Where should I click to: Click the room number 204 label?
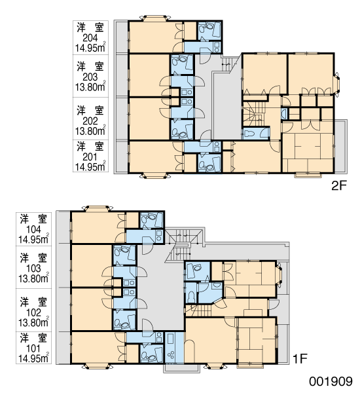tap(90, 38)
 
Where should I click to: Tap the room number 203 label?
tap(90, 77)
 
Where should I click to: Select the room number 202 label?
tap(90, 121)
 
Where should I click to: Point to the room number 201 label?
tap(90, 157)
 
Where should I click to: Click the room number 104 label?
tap(33, 229)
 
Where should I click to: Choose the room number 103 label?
tap(33, 269)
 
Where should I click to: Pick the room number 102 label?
tap(33, 312)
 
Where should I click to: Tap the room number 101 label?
tap(33, 348)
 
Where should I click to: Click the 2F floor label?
tap(338, 186)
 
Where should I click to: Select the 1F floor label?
tap(300, 359)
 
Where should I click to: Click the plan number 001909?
tap(331, 381)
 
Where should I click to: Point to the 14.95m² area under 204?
tap(90, 48)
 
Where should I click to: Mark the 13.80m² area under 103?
tap(33, 278)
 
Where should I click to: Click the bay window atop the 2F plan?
tap(155, 18)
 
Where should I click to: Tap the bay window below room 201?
tap(155, 176)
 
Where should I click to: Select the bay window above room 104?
tap(98, 208)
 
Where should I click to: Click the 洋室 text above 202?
tap(90, 111)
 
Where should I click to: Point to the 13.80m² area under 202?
tap(90, 130)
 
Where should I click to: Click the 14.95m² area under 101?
tap(33, 358)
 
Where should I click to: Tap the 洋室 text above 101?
tap(33, 338)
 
